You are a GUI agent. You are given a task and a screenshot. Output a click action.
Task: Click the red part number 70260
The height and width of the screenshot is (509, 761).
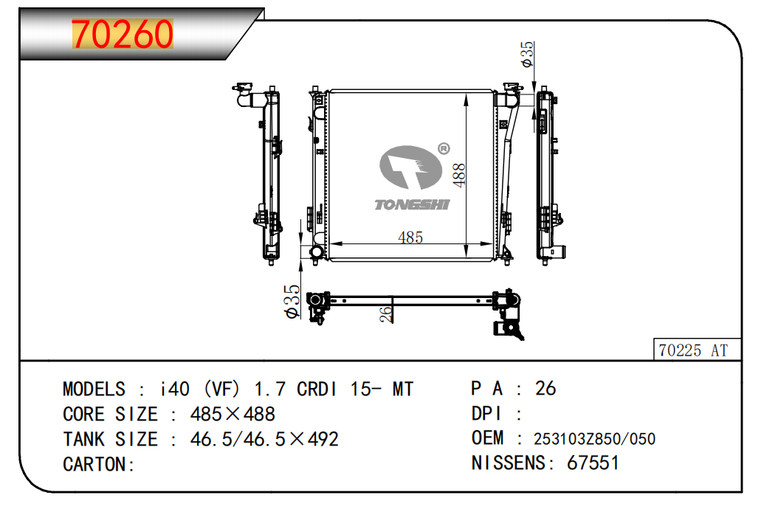tap(123, 34)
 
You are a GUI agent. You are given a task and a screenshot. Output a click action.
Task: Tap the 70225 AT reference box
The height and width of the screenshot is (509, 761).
tap(697, 350)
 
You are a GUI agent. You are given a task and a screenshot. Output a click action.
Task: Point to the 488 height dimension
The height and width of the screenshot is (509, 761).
tap(458, 175)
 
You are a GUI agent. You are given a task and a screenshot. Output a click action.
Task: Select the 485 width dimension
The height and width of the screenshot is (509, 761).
tap(410, 238)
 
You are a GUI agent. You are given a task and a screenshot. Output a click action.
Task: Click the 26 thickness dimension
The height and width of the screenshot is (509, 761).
tap(386, 314)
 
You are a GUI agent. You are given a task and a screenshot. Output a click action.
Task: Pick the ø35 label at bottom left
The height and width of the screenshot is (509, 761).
tap(292, 302)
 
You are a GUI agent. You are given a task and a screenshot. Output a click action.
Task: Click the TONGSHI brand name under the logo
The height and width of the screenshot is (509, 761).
tap(412, 205)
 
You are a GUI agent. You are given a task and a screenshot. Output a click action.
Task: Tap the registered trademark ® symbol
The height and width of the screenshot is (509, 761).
tap(444, 149)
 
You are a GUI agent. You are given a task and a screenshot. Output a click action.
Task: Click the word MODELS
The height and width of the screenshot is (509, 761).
tap(94, 389)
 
